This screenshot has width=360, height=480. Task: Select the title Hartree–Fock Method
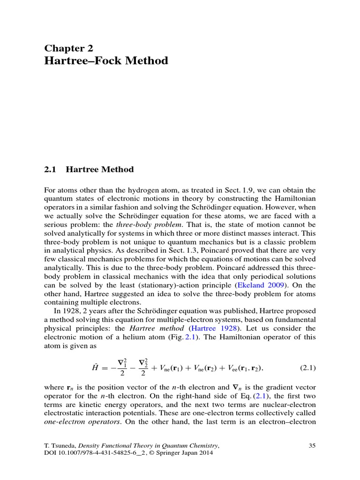[x=106, y=61]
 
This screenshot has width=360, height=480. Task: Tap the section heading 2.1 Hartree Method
[x=89, y=169]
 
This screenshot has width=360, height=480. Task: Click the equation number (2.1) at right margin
[x=307, y=368]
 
